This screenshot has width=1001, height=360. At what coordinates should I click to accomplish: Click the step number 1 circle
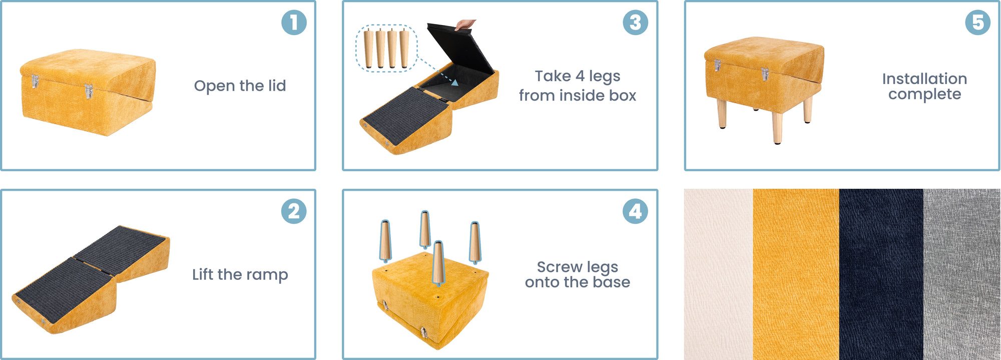click(x=294, y=23)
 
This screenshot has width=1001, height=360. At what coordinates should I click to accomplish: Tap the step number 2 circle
click(x=294, y=211)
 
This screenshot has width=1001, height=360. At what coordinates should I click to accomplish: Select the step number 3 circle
click(x=635, y=23)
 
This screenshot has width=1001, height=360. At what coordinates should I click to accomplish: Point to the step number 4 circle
click(x=635, y=211)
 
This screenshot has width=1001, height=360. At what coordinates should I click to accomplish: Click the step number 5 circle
click(x=977, y=23)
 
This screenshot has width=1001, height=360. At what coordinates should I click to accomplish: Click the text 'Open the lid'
click(x=240, y=86)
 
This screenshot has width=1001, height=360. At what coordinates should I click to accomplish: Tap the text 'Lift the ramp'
click(x=240, y=274)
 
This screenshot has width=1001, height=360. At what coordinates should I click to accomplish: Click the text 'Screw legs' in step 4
click(x=577, y=267)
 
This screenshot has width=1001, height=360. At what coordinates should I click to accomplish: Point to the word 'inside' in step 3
click(x=578, y=95)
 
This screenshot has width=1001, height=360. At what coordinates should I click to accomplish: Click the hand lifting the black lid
click(x=466, y=24)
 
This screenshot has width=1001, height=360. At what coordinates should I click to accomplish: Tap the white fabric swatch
click(x=718, y=274)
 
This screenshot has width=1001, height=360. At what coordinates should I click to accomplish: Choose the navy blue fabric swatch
click(x=881, y=274)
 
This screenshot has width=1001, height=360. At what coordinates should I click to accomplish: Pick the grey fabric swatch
click(x=961, y=274)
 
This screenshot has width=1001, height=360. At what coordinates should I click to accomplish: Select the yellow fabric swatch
click(x=796, y=274)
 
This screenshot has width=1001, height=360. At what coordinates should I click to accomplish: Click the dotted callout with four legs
click(x=386, y=48)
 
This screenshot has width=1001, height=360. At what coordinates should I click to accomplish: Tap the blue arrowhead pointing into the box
click(x=454, y=83)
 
